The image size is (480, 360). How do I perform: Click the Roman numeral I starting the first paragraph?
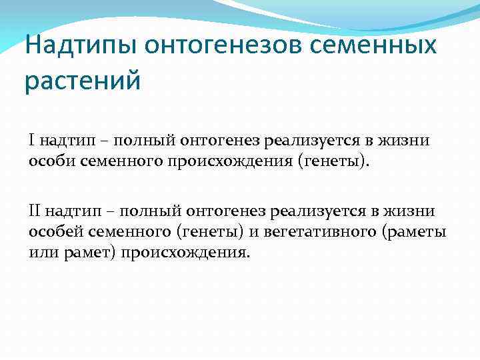[31, 140]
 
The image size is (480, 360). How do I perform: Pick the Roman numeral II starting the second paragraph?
[34, 211]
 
